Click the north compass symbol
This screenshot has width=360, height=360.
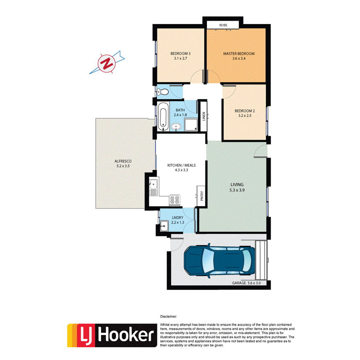[106, 63]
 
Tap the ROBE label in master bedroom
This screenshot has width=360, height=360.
[223, 25]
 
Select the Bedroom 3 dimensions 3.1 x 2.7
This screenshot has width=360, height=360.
[179, 59]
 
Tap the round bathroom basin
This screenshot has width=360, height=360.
[176, 126]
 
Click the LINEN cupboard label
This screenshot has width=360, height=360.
[204, 116]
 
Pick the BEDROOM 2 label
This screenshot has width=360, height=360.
[245, 110]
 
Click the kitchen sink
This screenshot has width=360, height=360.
[153, 187]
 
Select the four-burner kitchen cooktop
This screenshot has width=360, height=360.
[174, 200]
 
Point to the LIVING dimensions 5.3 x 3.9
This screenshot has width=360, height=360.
[237, 190]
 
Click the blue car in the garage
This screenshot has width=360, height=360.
[219, 260]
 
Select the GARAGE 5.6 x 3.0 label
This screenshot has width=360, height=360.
[246, 283]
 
